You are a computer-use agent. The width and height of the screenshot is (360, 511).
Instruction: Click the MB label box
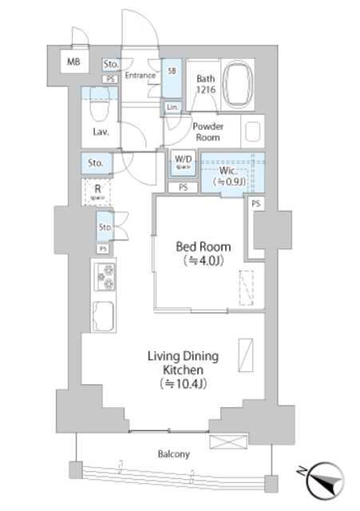[73, 61]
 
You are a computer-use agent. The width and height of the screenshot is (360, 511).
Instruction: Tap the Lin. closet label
[172, 107]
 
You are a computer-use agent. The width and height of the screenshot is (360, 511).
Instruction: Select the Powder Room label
[208, 132]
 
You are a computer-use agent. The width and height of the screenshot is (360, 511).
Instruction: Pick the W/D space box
[183, 163]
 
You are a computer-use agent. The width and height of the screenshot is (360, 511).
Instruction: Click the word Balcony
[172, 454]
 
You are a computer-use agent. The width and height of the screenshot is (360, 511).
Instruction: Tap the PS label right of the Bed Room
[255, 204]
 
